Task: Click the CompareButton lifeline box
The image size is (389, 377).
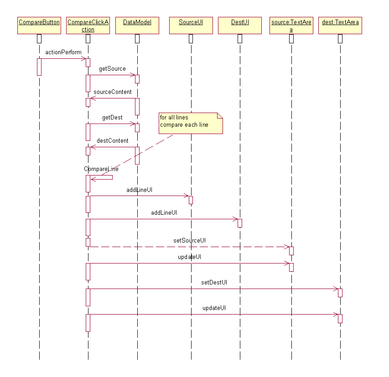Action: pyautogui.click(x=39, y=26)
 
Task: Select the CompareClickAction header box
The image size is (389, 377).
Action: pyautogui.click(x=88, y=26)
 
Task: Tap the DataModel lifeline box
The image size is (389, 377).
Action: pyautogui.click(x=137, y=26)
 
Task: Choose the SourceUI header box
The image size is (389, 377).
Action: pyautogui.click(x=191, y=26)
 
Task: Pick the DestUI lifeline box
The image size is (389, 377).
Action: pyautogui.click(x=240, y=26)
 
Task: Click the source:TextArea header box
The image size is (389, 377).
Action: pyautogui.click(x=291, y=26)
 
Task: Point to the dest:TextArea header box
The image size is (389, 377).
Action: pyautogui.click(x=340, y=26)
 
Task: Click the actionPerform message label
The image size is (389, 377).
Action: pyautogui.click(x=63, y=52)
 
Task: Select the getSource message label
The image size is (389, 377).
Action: pyautogui.click(x=112, y=69)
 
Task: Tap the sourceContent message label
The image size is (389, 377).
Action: pyautogui.click(x=113, y=92)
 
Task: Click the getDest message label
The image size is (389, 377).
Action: pyautogui.click(x=112, y=118)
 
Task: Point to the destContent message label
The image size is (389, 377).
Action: pyautogui.click(x=113, y=140)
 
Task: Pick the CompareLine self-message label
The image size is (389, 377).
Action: pyautogui.click(x=101, y=169)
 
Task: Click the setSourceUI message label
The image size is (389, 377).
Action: pyautogui.click(x=190, y=240)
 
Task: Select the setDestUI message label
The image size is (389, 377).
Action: pyautogui.click(x=214, y=282)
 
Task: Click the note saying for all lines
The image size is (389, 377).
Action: pyautogui.click(x=191, y=123)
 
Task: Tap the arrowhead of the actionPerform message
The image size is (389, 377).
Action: pyautogui.click(x=84, y=58)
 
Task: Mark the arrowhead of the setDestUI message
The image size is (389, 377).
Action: pyautogui.click(x=336, y=289)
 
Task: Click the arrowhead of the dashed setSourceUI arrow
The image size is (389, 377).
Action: pyautogui.click(x=287, y=247)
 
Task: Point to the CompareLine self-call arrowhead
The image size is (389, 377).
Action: pyautogui.click(x=93, y=179)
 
